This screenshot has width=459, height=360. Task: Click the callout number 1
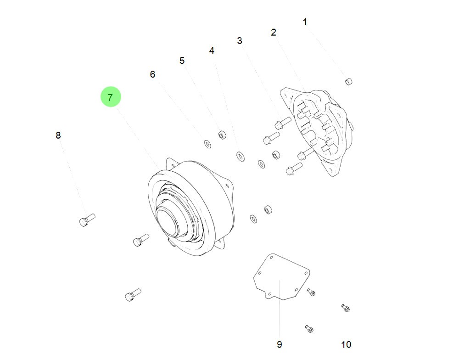click(305, 22)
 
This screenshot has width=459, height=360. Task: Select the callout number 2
click(274, 32)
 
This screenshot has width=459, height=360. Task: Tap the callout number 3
click(240, 41)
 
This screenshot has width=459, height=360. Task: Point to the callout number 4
click(212, 51)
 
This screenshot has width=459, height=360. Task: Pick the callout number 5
click(182, 61)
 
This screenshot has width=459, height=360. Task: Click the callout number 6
click(153, 74)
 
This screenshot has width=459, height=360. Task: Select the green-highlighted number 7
click(110, 97)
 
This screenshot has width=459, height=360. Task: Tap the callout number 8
click(58, 135)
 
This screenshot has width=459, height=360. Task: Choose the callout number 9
click(280, 344)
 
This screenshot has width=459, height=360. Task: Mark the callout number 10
click(346, 344)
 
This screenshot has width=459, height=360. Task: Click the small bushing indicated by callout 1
click(348, 82)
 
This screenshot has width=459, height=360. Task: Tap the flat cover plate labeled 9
click(281, 277)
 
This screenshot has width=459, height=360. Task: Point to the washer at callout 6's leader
click(207, 145)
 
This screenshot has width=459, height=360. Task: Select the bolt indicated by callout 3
click(281, 123)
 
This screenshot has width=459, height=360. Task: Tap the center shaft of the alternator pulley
click(168, 218)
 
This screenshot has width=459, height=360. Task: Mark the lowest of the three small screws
click(309, 328)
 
